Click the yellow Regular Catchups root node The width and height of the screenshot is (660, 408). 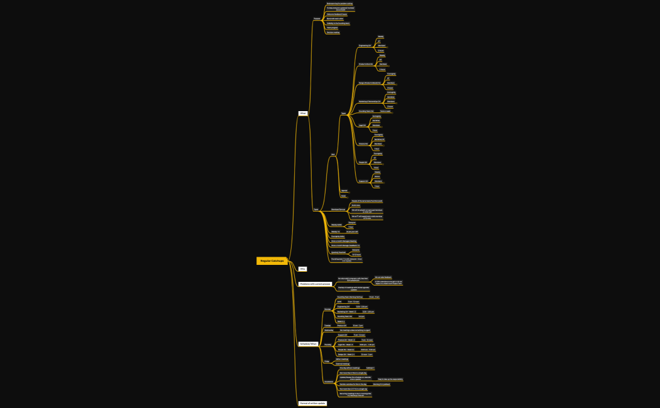(272, 260)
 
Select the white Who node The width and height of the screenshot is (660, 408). (302, 269)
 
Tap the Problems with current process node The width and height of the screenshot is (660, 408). (315, 284)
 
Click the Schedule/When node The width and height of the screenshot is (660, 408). (309, 344)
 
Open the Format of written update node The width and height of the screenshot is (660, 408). (312, 403)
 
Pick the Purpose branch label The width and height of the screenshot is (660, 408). (317, 19)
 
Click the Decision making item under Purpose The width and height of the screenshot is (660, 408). (333, 32)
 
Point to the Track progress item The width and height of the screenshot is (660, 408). (332, 28)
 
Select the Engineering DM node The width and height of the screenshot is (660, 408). (365, 45)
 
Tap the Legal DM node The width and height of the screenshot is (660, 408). (362, 125)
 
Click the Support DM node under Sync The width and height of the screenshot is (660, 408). (363, 181)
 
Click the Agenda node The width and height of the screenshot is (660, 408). (344, 190)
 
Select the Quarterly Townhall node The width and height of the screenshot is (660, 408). (338, 252)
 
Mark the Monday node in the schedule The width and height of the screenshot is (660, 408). (327, 309)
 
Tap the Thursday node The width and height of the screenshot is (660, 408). (328, 345)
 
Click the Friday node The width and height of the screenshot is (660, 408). (326, 362)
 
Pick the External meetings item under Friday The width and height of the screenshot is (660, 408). (343, 363)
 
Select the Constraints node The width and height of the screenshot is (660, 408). (329, 381)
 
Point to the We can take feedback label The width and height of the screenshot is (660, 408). (383, 277)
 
